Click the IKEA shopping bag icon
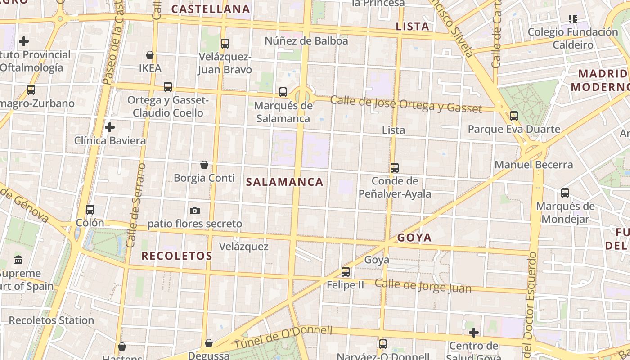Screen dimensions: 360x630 point(150,55)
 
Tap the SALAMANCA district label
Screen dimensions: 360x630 point(285,182)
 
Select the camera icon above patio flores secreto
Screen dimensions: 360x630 point(195,211)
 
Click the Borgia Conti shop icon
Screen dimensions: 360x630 point(204,165)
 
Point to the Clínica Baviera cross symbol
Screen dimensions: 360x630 point(110,127)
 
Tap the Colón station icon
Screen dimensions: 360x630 point(90,210)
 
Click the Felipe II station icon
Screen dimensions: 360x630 point(346,272)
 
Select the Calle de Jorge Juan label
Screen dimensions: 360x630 point(423,286)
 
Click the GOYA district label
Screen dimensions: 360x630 point(414,238)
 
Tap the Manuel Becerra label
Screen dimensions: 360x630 point(534,165)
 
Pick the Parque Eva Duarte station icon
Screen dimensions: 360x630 point(514,116)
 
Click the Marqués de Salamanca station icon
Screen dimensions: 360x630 point(283,92)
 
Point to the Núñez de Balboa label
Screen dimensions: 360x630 point(306,41)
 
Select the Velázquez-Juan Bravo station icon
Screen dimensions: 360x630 point(225,44)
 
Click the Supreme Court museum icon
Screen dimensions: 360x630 point(18,260)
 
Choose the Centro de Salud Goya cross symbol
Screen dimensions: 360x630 point(473,333)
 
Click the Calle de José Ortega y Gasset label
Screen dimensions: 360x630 point(406,104)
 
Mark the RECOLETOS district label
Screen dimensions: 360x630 point(177,256)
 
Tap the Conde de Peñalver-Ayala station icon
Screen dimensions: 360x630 point(395,168)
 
